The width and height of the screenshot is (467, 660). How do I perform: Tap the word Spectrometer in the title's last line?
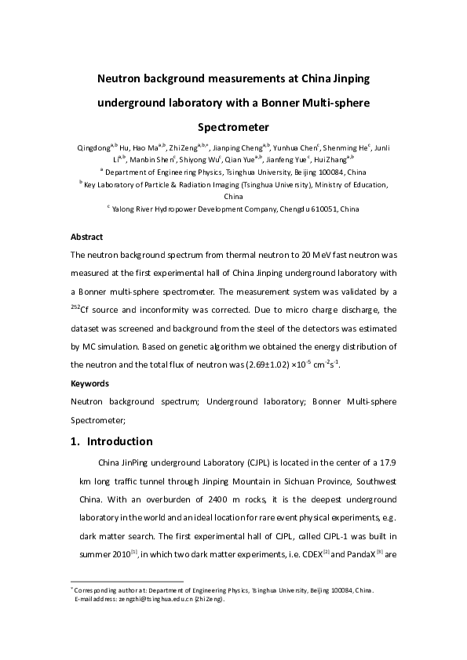click(x=233, y=125)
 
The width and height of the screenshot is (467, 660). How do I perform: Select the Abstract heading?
click(x=86, y=236)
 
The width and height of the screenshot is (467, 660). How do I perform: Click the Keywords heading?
click(x=89, y=384)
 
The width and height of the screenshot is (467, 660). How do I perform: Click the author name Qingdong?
click(x=93, y=147)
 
